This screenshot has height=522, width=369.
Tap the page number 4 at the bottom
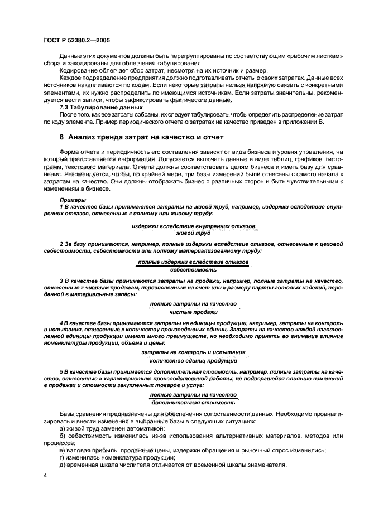click(45, 475)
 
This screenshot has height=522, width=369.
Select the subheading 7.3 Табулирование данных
click(94, 107)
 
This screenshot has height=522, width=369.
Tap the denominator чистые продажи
click(193, 312)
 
